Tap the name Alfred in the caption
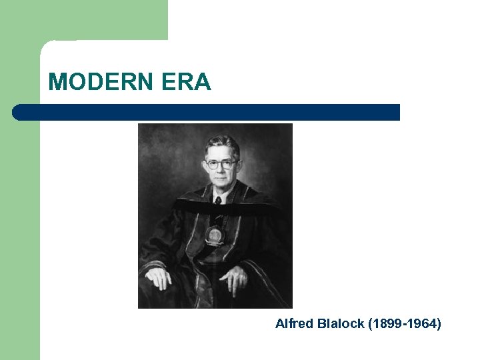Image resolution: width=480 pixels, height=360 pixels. pos(291,324)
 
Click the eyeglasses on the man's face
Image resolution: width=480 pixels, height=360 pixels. pos(221,164)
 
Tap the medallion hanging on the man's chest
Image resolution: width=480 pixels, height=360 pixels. pos(215,235)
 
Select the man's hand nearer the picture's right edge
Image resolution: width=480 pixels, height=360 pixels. pos(235,279)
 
